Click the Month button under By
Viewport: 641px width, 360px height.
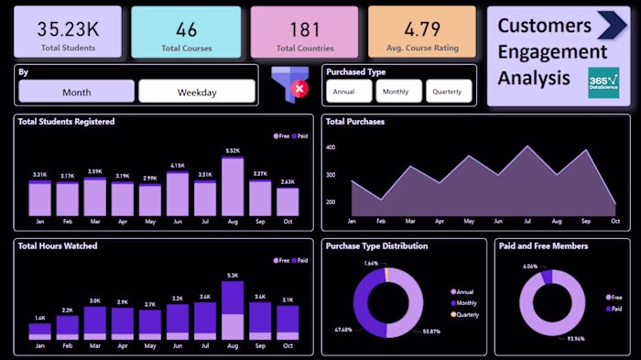coord(76,92)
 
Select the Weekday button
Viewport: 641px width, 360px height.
coord(196,92)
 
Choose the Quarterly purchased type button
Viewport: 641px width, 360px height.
coord(449,91)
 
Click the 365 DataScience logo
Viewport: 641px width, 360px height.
coord(603,82)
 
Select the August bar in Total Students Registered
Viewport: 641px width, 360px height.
coord(233,186)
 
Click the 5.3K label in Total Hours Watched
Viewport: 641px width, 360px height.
coord(233,275)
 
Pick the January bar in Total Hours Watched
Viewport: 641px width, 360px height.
coord(39,331)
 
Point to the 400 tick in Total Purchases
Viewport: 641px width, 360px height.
coord(331,147)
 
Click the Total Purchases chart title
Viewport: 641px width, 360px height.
coord(355,121)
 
